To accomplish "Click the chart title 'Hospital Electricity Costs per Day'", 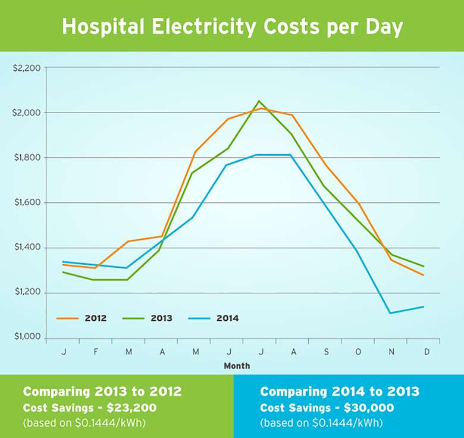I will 232,27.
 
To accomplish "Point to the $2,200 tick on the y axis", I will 26,68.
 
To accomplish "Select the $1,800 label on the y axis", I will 26,158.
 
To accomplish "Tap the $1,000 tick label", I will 26,337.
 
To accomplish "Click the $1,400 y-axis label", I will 26,248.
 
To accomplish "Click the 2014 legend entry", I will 214,318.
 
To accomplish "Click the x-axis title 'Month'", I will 237,366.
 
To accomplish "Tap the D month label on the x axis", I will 423,351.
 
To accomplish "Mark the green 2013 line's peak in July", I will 259,101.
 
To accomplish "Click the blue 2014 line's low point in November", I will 390,313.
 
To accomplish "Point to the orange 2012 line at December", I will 423,275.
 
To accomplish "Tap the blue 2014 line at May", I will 193,218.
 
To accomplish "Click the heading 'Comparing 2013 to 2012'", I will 102,392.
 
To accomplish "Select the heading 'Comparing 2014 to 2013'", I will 340,392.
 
